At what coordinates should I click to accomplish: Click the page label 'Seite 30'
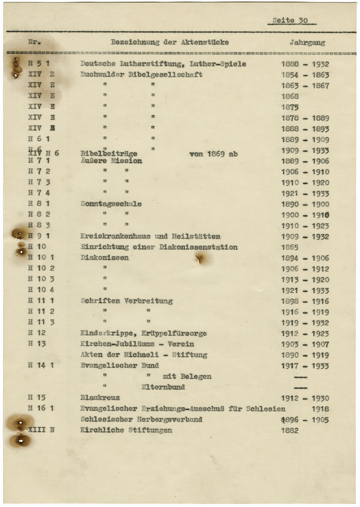point(290,21)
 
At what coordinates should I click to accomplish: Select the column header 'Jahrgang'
point(307,42)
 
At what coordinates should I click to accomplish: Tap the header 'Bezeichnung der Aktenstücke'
point(170,42)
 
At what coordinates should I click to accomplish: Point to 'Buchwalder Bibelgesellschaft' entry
point(141,75)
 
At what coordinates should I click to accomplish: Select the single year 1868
point(290,97)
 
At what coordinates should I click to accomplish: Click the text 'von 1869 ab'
point(213,154)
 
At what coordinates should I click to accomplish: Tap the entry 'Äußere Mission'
point(111,161)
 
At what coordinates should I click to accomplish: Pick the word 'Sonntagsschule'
point(111,204)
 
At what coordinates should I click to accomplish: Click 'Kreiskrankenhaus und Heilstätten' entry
point(150,237)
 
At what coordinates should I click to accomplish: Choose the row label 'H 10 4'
point(41,290)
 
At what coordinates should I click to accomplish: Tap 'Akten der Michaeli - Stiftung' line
point(144,355)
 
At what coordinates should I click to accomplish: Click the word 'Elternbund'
point(163,387)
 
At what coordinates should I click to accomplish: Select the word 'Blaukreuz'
point(100,398)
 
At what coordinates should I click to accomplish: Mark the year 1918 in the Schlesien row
point(320,409)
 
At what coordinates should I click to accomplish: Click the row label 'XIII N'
point(41,430)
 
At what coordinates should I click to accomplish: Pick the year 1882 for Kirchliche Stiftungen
point(290,430)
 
